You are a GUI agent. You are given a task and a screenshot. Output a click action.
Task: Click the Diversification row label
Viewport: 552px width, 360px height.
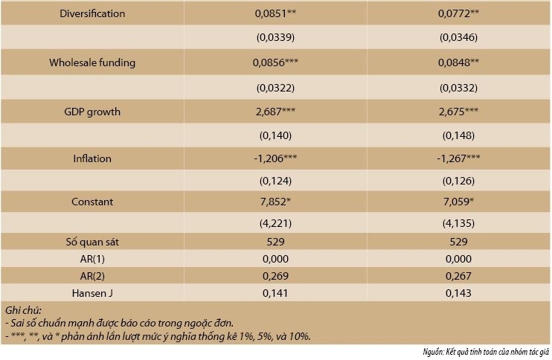92,13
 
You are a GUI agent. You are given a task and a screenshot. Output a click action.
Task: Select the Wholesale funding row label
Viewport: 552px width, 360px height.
92,62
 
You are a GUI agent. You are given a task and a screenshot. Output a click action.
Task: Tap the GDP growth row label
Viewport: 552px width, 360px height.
92,112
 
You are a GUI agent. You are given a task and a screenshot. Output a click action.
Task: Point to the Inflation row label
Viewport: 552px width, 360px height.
92,158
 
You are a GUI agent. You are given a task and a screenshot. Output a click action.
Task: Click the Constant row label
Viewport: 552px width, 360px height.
92,202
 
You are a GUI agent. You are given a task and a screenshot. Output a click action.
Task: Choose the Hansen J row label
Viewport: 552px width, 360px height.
92,293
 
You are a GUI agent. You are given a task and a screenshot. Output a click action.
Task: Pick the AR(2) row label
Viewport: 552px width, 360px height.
92,276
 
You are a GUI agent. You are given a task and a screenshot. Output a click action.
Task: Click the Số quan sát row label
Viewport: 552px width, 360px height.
92,242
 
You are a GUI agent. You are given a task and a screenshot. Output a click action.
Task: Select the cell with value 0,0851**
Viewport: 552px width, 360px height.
275,13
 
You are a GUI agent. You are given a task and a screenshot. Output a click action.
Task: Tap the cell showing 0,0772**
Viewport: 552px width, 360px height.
458,13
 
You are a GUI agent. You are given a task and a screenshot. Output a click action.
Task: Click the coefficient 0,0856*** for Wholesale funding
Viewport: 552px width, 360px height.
275,62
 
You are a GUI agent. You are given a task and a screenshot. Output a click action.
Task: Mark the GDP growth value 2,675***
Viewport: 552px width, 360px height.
458,112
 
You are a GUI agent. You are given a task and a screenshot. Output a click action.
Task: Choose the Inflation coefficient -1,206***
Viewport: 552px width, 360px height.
275,158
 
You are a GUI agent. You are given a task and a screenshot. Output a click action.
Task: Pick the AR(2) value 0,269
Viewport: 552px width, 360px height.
275,276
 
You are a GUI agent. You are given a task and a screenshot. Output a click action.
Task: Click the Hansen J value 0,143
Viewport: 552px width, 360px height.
458,293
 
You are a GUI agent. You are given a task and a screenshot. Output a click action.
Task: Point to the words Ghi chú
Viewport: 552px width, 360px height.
23,310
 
